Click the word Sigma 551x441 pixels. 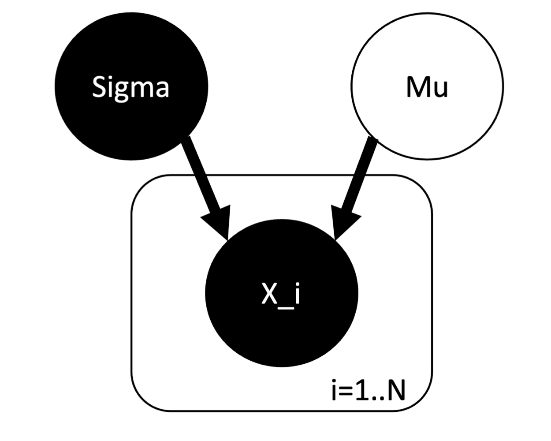(130, 87)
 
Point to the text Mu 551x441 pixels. (427, 87)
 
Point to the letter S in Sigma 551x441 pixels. (99, 86)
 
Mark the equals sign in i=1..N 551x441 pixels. (346, 391)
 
